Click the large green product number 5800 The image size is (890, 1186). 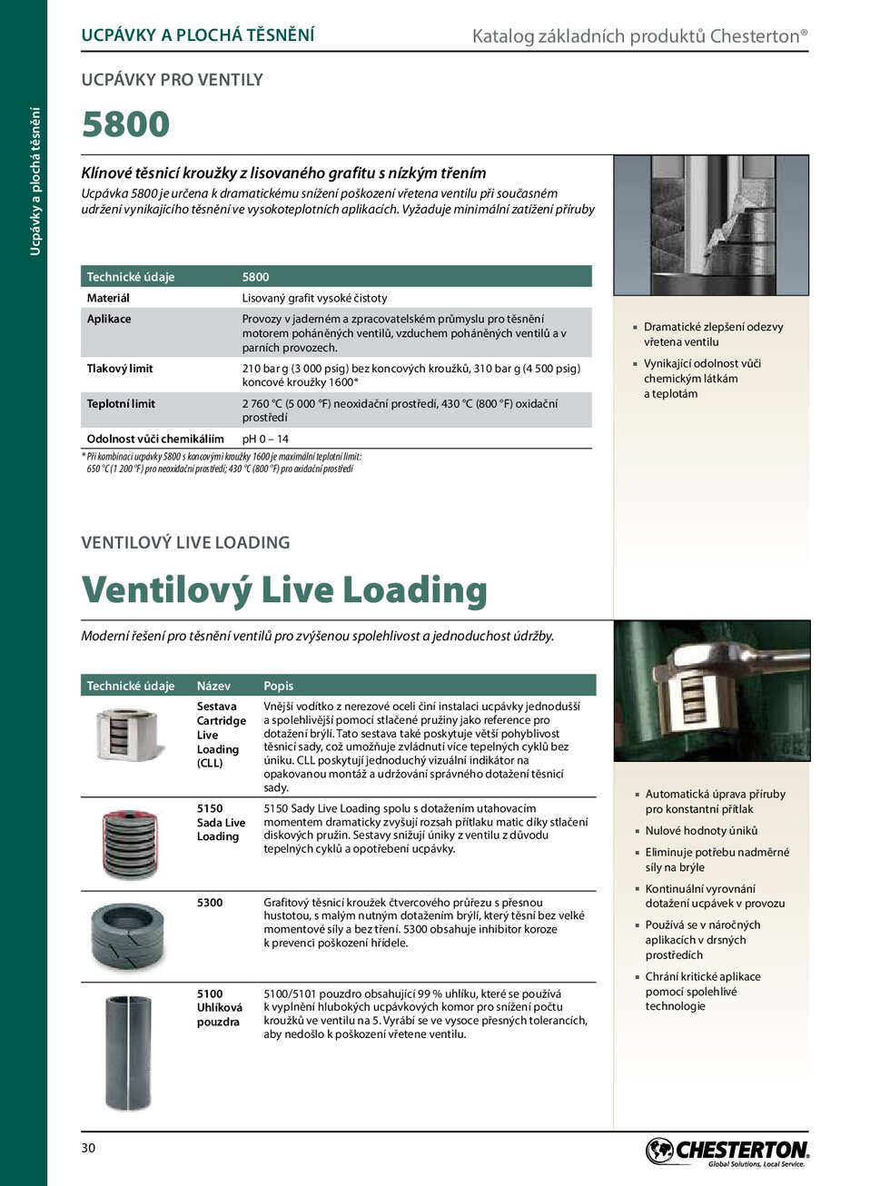click(x=125, y=124)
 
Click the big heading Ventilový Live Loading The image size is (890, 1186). click(x=283, y=589)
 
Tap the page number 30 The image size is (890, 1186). click(x=88, y=1148)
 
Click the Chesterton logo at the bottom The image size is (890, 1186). click(x=727, y=1151)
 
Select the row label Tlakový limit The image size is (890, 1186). click(x=120, y=369)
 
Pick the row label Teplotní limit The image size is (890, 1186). click(x=121, y=404)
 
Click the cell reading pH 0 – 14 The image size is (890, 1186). click(x=265, y=439)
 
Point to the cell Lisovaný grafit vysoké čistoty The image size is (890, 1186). click(x=314, y=298)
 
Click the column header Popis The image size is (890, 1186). click(x=279, y=686)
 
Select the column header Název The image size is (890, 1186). click(x=213, y=686)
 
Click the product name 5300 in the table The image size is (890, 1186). click(x=210, y=903)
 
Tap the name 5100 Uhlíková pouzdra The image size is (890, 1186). click(x=219, y=1008)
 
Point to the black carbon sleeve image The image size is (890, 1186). click(x=127, y=1053)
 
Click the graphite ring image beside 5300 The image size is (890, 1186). click(x=127, y=935)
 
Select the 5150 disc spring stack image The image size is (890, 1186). click(x=128, y=843)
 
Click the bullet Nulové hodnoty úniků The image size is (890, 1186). click(x=701, y=831)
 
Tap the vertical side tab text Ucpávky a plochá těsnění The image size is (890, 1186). click(x=35, y=182)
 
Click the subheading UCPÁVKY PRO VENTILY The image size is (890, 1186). click(x=172, y=80)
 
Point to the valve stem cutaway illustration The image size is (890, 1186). click(x=710, y=224)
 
